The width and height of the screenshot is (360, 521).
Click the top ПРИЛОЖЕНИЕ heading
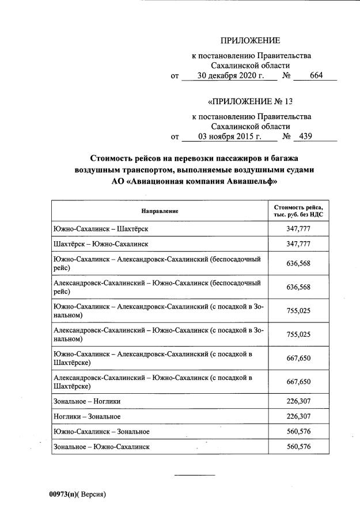pyautogui.click(x=251, y=40)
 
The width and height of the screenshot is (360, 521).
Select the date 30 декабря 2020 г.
pyautogui.click(x=229, y=75)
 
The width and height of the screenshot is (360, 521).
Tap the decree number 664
pyautogui.click(x=316, y=75)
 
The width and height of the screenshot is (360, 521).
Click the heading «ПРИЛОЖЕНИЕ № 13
pyautogui.click(x=251, y=102)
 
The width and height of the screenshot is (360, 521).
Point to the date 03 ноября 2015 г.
pyautogui.click(x=229, y=137)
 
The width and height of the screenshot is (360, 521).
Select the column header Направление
pyautogui.click(x=160, y=211)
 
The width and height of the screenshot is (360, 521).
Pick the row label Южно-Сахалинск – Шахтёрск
pyautogui.click(x=100, y=229)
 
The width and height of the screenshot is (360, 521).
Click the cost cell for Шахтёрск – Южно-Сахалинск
pyautogui.click(x=298, y=244)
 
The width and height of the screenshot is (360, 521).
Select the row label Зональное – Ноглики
pyautogui.click(x=86, y=401)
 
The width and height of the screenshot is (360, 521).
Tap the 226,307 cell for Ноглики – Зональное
pyautogui.click(x=298, y=416)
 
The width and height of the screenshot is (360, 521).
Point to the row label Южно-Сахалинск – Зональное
pyautogui.click(x=101, y=431)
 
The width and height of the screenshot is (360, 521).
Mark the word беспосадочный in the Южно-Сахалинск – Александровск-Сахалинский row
pyautogui.click(x=237, y=259)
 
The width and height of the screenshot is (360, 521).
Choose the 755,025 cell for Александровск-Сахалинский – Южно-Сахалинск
pyautogui.click(x=298, y=334)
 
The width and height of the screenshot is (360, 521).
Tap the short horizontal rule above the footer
pyautogui.click(x=195, y=475)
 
